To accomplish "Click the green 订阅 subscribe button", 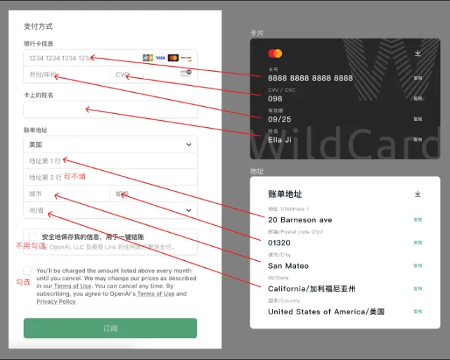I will point(110,328).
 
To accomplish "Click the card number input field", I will point(77,58).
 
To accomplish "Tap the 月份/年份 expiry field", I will point(67,75).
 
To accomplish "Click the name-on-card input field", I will point(110,110).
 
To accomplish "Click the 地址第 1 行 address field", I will point(110,161).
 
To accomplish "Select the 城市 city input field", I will point(67,193).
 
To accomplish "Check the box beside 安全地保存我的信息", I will point(32,237).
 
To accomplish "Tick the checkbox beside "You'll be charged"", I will point(27,271).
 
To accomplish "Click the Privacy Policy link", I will point(56,302).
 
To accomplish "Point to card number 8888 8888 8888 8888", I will point(310,78).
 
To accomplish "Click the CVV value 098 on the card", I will point(275,98).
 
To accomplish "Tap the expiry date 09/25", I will point(279,119).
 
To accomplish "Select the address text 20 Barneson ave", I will point(300,220).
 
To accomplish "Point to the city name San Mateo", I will point(288,266).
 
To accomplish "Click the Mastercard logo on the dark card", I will point(275,53).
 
